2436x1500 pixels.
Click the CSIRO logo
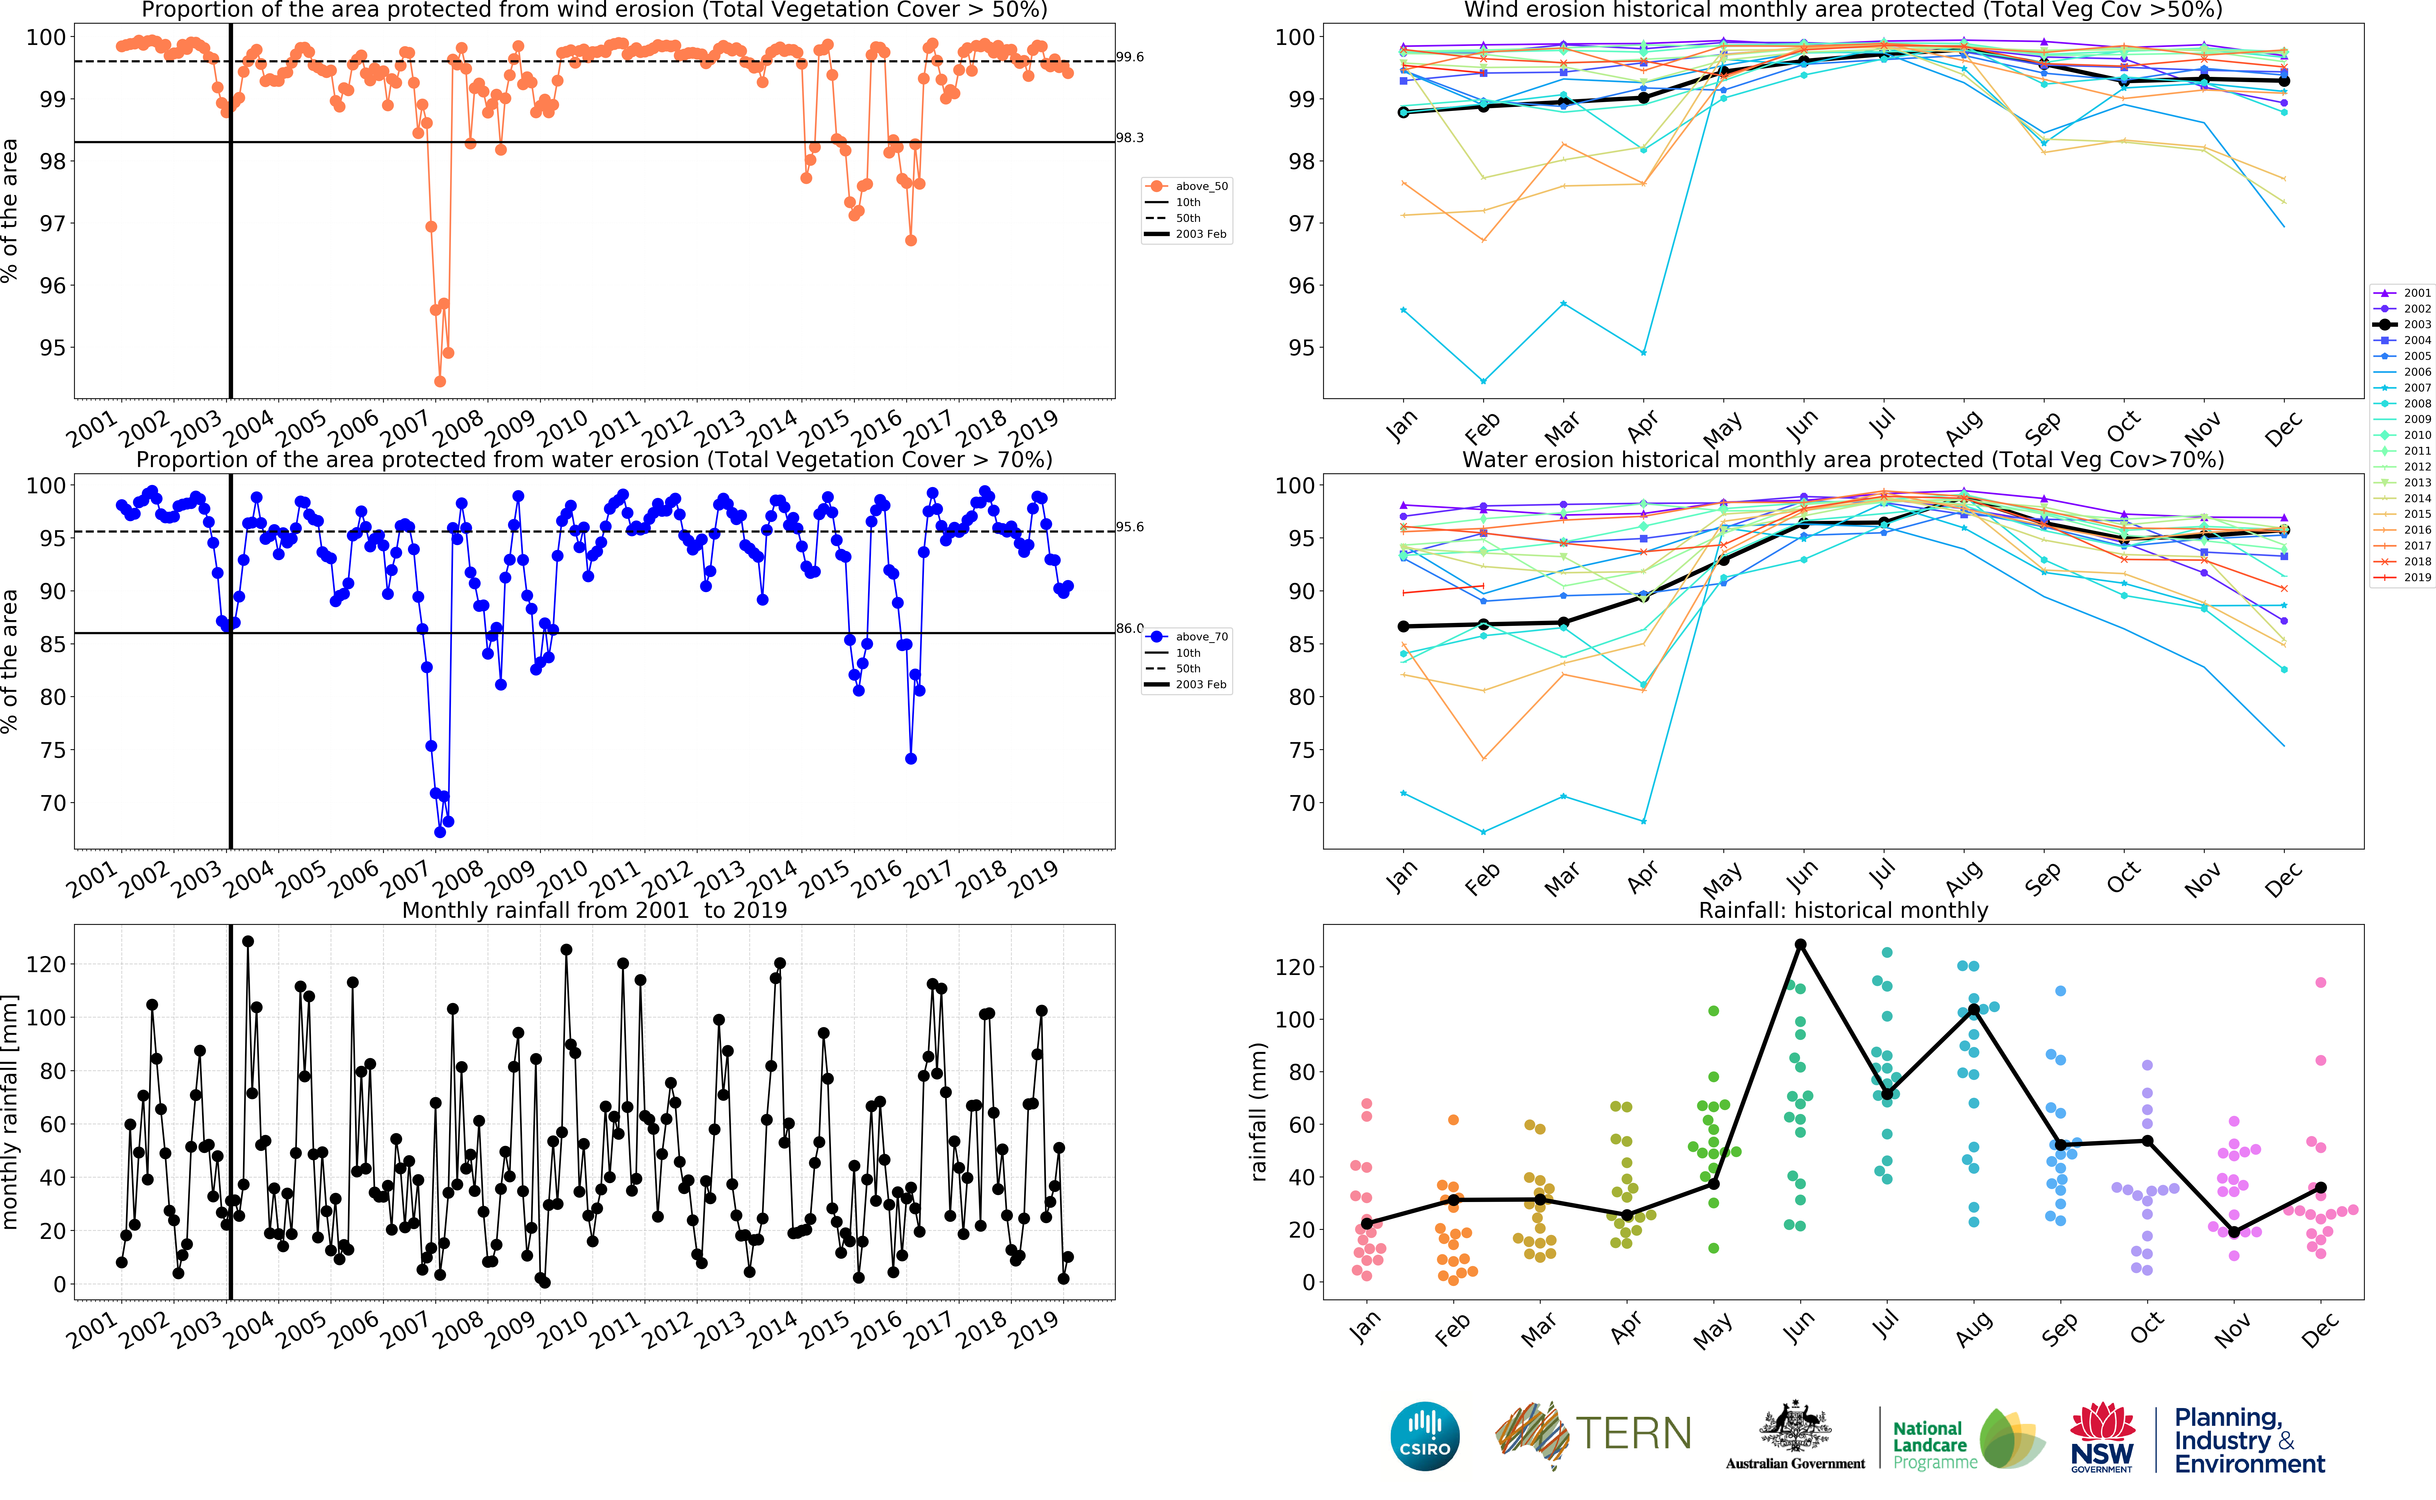(x=1425, y=1436)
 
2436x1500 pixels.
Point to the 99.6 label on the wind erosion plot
(x=1129, y=57)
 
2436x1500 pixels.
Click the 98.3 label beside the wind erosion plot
(x=1129, y=138)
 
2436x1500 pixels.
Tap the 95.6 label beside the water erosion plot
(x=1129, y=527)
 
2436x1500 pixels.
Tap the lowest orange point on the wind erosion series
(x=439, y=381)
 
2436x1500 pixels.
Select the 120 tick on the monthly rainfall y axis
(x=46, y=964)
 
